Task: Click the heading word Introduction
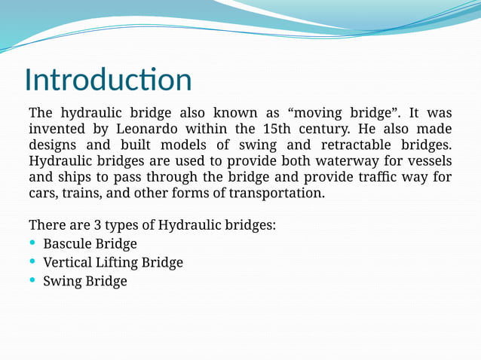coord(108,80)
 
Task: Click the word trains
coord(81,194)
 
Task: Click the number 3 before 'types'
coord(98,225)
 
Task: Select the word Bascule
coord(67,244)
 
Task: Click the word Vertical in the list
coord(67,263)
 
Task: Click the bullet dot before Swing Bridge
coord(32,281)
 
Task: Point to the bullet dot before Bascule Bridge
coord(32,243)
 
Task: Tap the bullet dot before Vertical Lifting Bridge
coord(32,262)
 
